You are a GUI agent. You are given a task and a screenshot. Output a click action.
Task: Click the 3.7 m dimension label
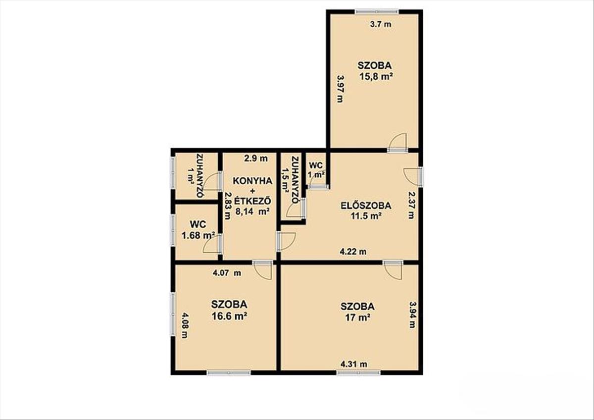pyautogui.click(x=381, y=24)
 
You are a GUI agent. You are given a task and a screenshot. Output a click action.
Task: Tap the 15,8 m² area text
pyautogui.click(x=376, y=77)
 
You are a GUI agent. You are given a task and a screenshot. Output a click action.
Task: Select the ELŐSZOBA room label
pyautogui.click(x=366, y=206)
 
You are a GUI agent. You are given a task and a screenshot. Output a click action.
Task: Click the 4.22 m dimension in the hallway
pyautogui.click(x=353, y=251)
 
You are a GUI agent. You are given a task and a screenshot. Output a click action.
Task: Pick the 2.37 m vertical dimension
pyautogui.click(x=411, y=206)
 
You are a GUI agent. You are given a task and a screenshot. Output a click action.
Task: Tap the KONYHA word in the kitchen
pyautogui.click(x=252, y=181)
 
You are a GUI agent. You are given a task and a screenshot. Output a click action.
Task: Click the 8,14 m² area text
pyautogui.click(x=253, y=211)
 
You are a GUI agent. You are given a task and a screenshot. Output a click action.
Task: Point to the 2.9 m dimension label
pyautogui.click(x=255, y=158)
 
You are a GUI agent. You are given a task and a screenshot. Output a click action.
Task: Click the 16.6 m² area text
pyautogui.click(x=229, y=316)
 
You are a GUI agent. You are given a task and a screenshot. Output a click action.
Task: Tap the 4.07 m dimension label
pyautogui.click(x=227, y=273)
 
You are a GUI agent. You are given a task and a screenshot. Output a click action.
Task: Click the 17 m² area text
pyautogui.click(x=357, y=317)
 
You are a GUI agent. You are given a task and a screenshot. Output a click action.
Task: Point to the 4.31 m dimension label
pyautogui.click(x=354, y=365)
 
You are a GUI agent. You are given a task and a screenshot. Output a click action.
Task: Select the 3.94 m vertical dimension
pyautogui.click(x=412, y=315)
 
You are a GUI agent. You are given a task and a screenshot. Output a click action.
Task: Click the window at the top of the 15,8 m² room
pyautogui.click(x=377, y=12)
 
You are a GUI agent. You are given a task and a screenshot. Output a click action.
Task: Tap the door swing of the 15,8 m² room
pyautogui.click(x=397, y=143)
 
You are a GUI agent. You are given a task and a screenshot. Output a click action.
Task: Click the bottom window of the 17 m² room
pyautogui.click(x=359, y=373)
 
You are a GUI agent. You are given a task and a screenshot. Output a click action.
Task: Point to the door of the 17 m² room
pyautogui.click(x=393, y=269)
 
